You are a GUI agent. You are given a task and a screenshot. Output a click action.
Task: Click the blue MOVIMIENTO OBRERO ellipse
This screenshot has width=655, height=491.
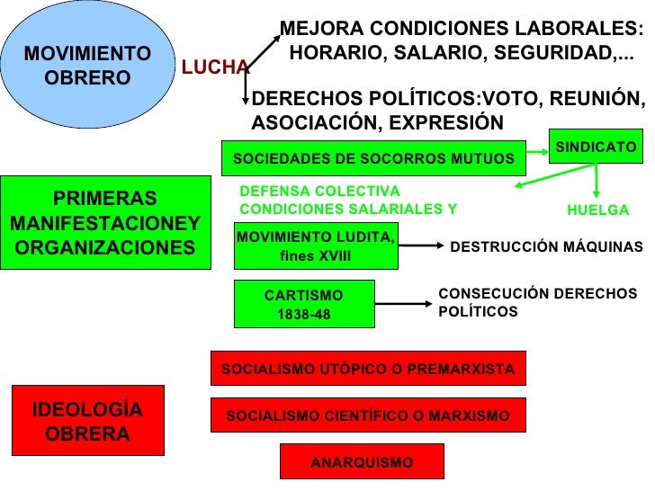87,66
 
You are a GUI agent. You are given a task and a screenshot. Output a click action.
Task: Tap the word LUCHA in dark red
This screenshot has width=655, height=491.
215,67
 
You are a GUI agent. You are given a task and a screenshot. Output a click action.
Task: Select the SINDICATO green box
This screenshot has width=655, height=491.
595,147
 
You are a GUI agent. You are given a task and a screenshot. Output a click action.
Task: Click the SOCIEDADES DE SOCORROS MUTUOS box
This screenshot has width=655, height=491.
373,159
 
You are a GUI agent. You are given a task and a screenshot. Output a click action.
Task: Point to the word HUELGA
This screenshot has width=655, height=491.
597,210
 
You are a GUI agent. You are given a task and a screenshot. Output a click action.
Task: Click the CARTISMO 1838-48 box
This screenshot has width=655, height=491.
303,305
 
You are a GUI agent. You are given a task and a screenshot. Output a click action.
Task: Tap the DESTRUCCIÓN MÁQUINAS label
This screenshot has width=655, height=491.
546,246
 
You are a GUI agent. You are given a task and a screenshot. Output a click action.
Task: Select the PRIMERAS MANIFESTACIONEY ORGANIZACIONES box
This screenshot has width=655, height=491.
104,223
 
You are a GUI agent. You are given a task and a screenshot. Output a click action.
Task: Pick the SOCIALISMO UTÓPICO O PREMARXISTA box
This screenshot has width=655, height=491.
367,369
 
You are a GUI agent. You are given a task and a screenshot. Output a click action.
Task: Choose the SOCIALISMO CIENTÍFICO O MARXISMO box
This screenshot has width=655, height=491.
367,415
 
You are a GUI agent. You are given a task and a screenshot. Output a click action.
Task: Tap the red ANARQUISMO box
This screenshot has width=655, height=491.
362,462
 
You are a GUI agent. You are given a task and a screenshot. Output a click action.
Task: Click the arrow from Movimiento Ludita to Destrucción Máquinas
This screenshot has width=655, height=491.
419,245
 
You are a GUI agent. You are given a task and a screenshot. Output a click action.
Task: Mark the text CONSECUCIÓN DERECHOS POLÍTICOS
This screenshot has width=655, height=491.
537,303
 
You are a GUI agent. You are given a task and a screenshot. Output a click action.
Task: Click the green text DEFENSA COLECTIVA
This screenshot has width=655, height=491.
319,192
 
